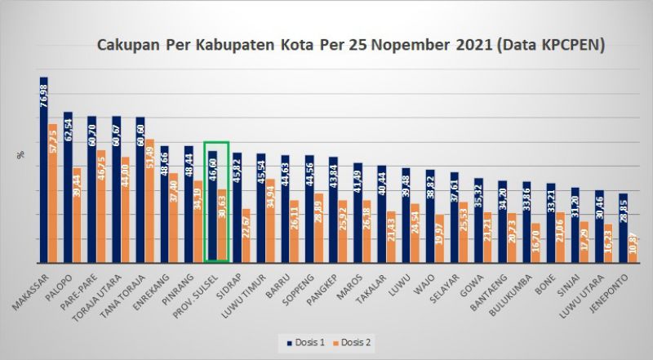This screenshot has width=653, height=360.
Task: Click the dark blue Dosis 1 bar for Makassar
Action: (44, 180)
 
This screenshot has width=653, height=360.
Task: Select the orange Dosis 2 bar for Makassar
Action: (53, 196)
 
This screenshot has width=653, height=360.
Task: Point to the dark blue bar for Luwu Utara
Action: (599, 229)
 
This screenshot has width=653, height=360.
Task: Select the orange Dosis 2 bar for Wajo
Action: (439, 239)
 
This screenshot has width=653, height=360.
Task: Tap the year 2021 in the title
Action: (466, 46)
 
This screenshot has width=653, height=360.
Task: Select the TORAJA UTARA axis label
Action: (104, 294)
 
